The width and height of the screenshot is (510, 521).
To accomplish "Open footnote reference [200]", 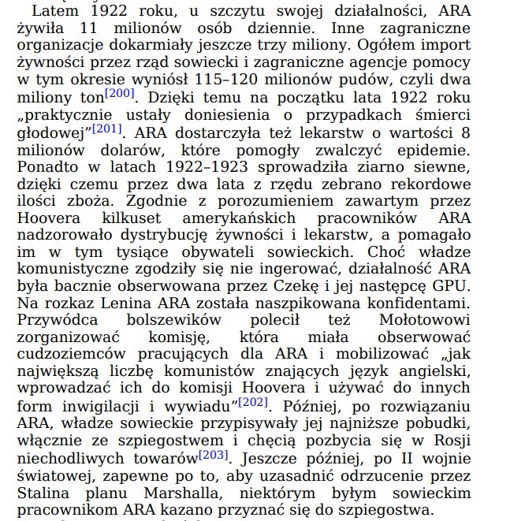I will (120, 94).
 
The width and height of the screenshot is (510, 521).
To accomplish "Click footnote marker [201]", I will (106, 128).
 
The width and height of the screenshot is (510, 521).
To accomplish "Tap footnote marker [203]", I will (213, 455).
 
